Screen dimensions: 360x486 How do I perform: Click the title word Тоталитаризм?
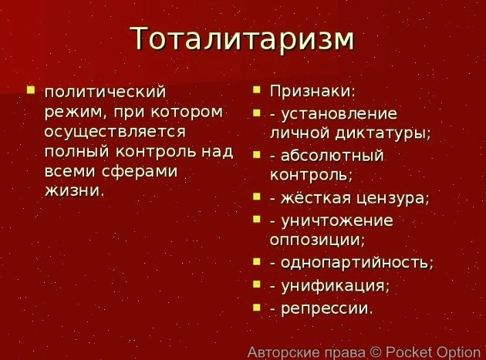[x=241, y=39]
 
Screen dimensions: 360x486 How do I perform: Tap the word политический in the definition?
[x=105, y=93]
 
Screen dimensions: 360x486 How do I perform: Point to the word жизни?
[x=73, y=190]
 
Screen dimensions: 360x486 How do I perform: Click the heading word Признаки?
[x=312, y=91]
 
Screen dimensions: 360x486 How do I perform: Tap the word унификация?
[x=335, y=285]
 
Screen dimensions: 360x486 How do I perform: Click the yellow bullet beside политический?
[x=30, y=90]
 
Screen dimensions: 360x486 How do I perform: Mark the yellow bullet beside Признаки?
[x=257, y=90]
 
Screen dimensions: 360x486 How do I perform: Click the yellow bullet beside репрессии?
[x=257, y=308]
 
